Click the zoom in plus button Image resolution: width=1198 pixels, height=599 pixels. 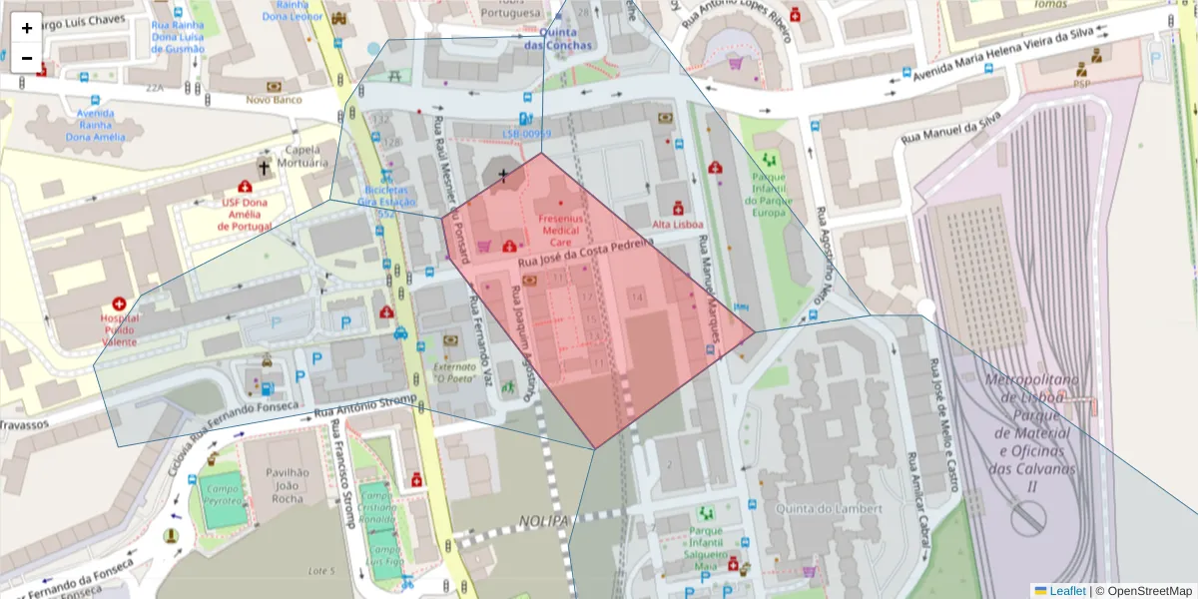tap(27, 28)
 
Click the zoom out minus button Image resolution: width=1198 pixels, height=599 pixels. tap(27, 58)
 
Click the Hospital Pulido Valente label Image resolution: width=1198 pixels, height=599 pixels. tap(119, 329)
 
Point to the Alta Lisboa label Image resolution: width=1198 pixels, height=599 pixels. tap(678, 225)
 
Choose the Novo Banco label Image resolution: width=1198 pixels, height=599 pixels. tap(274, 100)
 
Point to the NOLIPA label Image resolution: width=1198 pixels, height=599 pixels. tap(543, 521)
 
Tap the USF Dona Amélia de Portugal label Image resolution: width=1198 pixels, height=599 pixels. tap(246, 214)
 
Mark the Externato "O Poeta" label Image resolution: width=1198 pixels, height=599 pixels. tap(454, 372)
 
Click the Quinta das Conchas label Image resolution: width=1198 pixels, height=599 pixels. tap(558, 39)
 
